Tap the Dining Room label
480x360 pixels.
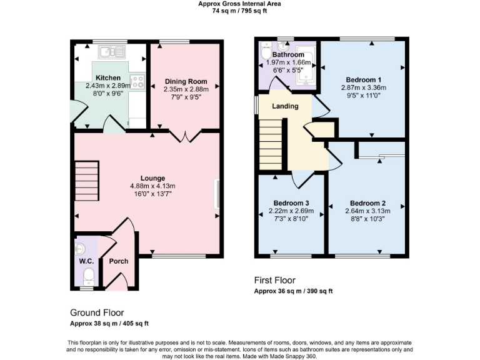pos(186,82)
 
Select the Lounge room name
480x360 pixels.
pos(152,178)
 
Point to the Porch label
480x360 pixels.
pos(118,261)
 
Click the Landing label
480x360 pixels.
pos(285,106)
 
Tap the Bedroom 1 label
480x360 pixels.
pos(363,80)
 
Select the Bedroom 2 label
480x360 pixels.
pos(367,203)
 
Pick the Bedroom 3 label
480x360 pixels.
pos(291,203)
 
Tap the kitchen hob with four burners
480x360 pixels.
pos(137,81)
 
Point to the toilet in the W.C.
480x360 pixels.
pos(88,275)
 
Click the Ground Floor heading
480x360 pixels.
pos(97,312)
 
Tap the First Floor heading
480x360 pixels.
pos(275,280)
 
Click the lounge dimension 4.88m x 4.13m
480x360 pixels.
pos(152,186)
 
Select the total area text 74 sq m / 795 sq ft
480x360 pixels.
pos(239,10)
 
